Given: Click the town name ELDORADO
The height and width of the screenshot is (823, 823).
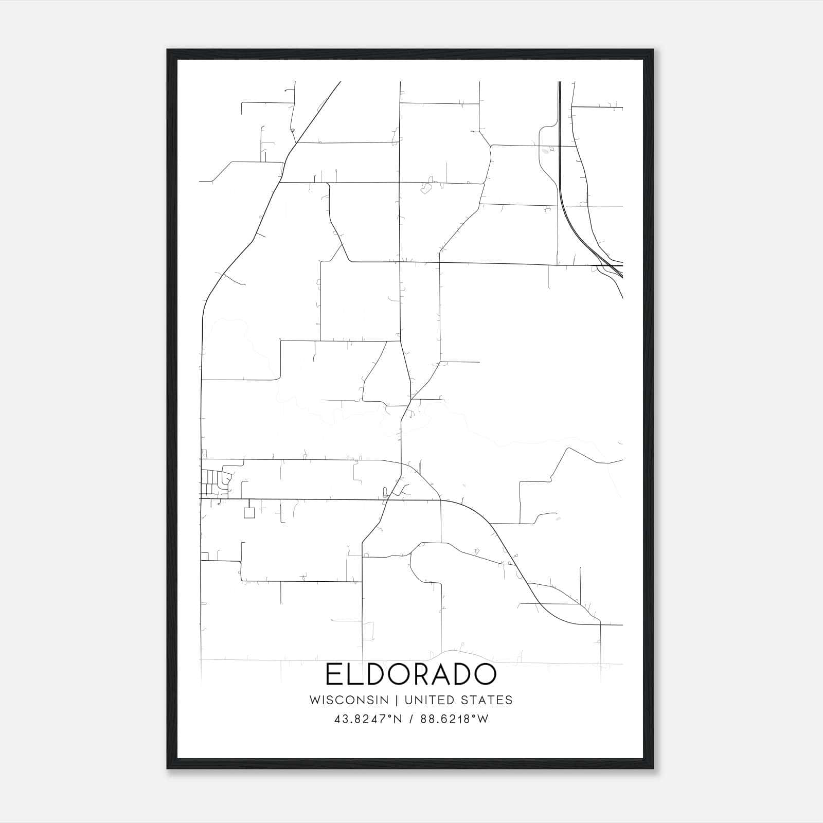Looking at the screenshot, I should coord(411,674).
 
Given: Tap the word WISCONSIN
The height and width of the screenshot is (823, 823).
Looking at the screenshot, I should coord(349,700).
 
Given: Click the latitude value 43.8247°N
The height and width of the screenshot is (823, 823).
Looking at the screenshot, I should coord(366,719).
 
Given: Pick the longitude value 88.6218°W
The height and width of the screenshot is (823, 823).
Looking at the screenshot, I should coord(454,719).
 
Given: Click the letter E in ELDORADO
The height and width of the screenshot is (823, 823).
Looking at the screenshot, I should coord(333,674).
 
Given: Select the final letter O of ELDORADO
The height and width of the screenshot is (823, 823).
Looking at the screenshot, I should coord(485,674).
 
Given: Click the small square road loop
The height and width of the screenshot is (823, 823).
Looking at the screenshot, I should coord(249,513).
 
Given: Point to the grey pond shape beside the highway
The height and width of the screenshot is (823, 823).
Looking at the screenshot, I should coord(545,151).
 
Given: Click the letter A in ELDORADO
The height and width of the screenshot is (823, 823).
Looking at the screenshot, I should coord(442,674).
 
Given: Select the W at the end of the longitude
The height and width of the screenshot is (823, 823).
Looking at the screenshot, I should coord(482,719).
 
